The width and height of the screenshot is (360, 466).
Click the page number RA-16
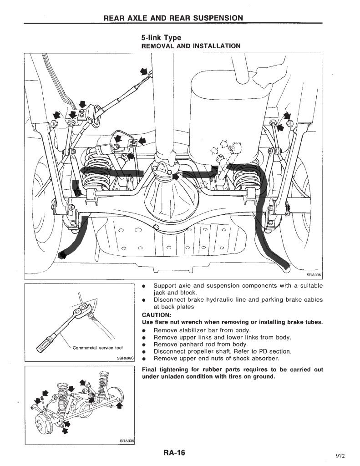[x=174, y=453]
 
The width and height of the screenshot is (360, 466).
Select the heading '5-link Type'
[x=161, y=38]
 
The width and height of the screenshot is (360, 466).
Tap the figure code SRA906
[x=314, y=275]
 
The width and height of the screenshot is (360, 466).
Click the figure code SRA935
[x=127, y=441]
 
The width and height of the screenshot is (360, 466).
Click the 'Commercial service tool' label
[x=97, y=348]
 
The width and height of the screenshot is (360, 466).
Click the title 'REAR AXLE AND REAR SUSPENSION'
[x=173, y=18]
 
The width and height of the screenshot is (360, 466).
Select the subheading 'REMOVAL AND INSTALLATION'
[x=191, y=46]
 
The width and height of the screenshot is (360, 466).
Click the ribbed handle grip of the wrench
[x=45, y=345]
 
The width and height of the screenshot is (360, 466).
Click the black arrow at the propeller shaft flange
[x=176, y=177]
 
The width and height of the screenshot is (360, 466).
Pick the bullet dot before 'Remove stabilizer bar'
[x=144, y=330]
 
